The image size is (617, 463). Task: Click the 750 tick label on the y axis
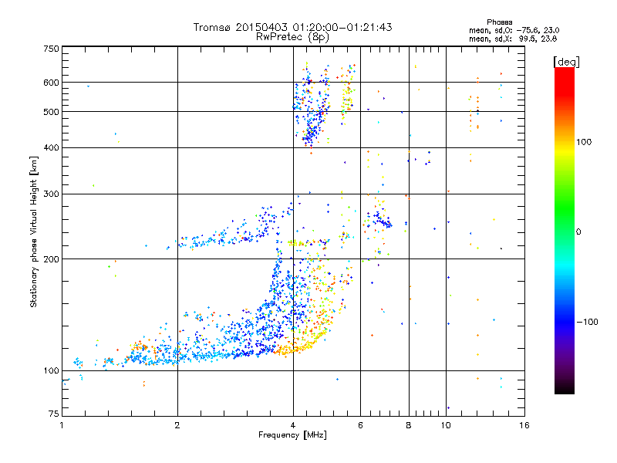51,48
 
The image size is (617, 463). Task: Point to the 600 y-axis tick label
51,83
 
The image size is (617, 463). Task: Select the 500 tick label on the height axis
51,112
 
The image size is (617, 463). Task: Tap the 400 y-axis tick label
51,147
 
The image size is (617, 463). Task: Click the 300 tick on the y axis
51,194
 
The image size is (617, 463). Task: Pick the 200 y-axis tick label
51,259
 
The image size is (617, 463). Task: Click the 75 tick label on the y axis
53,415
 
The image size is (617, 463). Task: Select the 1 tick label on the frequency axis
62,425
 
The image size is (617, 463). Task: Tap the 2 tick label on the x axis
177,425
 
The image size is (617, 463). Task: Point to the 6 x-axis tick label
360,425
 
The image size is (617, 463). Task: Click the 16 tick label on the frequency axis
524,425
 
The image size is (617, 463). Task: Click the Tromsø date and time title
292,27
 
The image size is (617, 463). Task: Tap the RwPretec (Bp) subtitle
292,36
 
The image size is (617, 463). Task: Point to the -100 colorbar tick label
590,322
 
